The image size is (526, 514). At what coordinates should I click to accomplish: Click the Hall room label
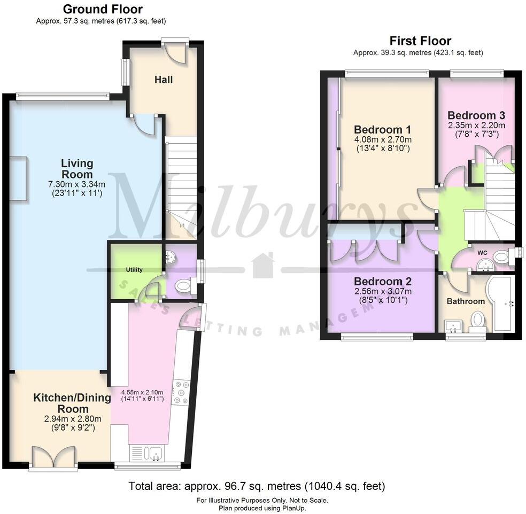(164, 80)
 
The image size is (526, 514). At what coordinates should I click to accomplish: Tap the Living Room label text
(76, 169)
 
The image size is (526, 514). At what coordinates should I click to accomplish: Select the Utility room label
(134, 270)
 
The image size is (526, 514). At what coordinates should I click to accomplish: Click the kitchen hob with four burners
(181, 392)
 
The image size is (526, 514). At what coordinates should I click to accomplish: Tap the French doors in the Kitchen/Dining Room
(52, 457)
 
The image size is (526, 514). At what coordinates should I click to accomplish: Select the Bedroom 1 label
(382, 129)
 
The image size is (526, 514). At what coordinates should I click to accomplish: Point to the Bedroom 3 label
(476, 115)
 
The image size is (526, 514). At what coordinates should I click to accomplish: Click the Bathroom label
(466, 301)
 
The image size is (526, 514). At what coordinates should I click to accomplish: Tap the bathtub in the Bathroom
(502, 302)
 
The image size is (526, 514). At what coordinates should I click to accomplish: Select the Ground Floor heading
(103, 9)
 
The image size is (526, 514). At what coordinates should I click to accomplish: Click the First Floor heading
(420, 41)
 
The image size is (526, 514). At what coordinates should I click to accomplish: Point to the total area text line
(257, 486)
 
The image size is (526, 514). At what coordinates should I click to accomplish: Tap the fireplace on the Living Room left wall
(18, 178)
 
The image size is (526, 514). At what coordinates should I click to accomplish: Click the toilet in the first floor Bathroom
(477, 321)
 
